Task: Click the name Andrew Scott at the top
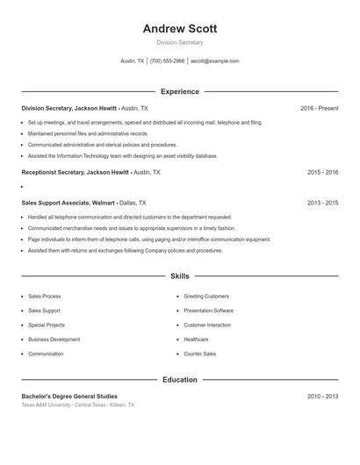click(179, 28)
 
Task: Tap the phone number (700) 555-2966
click(167, 61)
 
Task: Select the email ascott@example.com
click(214, 61)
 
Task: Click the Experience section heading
click(179, 91)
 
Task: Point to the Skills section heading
click(179, 275)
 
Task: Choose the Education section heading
click(179, 380)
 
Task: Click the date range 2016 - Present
click(319, 108)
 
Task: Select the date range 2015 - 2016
click(322, 173)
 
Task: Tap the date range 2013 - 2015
click(322, 203)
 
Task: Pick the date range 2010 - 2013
click(322, 397)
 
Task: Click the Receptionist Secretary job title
click(76, 173)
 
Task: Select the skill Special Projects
click(46, 325)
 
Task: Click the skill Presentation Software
click(208, 311)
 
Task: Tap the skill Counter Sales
click(199, 354)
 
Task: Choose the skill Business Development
click(54, 339)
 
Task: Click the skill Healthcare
click(196, 339)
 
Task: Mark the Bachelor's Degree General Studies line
click(69, 397)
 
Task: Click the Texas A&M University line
click(78, 405)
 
